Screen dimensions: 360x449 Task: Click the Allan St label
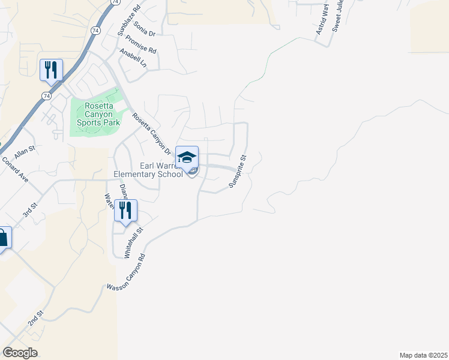[25, 151]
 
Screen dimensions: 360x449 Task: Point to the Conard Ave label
[15, 170]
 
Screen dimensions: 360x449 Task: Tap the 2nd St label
[35, 319]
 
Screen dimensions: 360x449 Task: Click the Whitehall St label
[134, 242]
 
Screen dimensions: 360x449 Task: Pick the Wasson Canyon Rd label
[126, 272]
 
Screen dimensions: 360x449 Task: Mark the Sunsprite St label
[238, 172]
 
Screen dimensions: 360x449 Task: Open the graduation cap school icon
[187, 157]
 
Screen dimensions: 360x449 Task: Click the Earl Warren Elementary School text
[148, 170]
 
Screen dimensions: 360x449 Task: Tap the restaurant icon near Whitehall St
[125, 211]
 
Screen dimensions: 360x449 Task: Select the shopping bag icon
[2, 238]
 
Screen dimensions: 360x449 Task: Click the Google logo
[20, 353]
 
